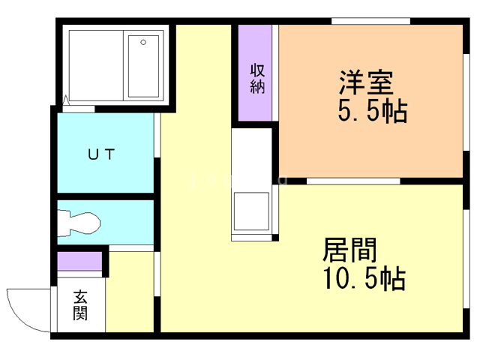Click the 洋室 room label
coord(366,82)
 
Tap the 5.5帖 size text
coord(373,111)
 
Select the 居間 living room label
coord(349,250)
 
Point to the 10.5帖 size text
coord(364,278)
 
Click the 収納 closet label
coord(257,79)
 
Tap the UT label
coord(101,154)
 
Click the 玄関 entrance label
coord(80,305)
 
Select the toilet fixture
coord(79,223)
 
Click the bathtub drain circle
coord(143,42)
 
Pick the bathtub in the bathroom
coord(143,66)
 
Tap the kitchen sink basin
coord(251,211)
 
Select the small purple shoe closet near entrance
coord(79,262)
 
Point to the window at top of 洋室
coord(370,21)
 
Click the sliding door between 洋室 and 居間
coord(353,181)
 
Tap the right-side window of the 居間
coord(466,259)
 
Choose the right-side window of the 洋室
coord(466,102)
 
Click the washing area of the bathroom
coord(96,65)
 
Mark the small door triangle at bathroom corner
coord(66,100)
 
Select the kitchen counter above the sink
coord(252,160)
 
